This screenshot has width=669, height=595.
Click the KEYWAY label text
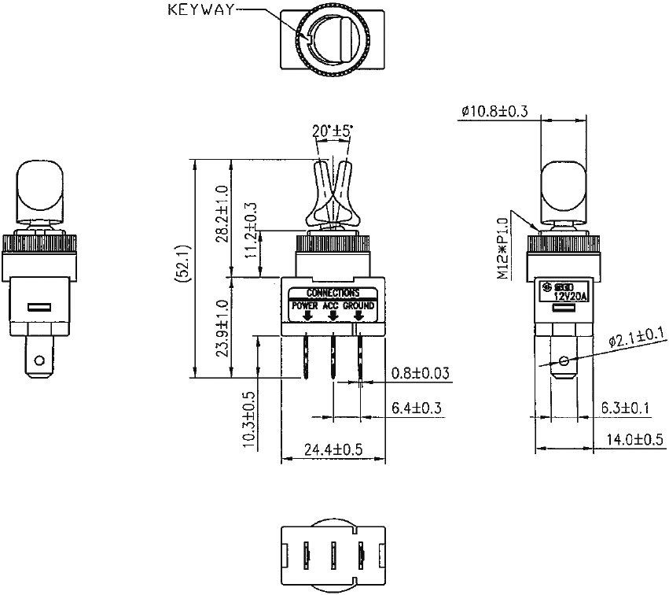pyautogui.click(x=200, y=10)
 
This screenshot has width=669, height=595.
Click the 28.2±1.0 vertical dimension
pyautogui.click(x=222, y=214)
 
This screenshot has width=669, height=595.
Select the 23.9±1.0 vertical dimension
pyautogui.click(x=222, y=327)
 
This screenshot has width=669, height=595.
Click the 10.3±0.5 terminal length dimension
pyautogui.click(x=250, y=420)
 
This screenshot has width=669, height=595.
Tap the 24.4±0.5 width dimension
pyautogui.click(x=333, y=451)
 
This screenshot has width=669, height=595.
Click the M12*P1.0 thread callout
pyautogui.click(x=503, y=249)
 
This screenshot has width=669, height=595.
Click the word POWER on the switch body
pyautogui.click(x=305, y=305)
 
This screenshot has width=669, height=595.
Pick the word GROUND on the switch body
pyautogui.click(x=359, y=305)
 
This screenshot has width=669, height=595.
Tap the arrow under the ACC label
pyautogui.click(x=333, y=316)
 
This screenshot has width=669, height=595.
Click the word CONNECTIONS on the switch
pyautogui.click(x=333, y=293)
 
